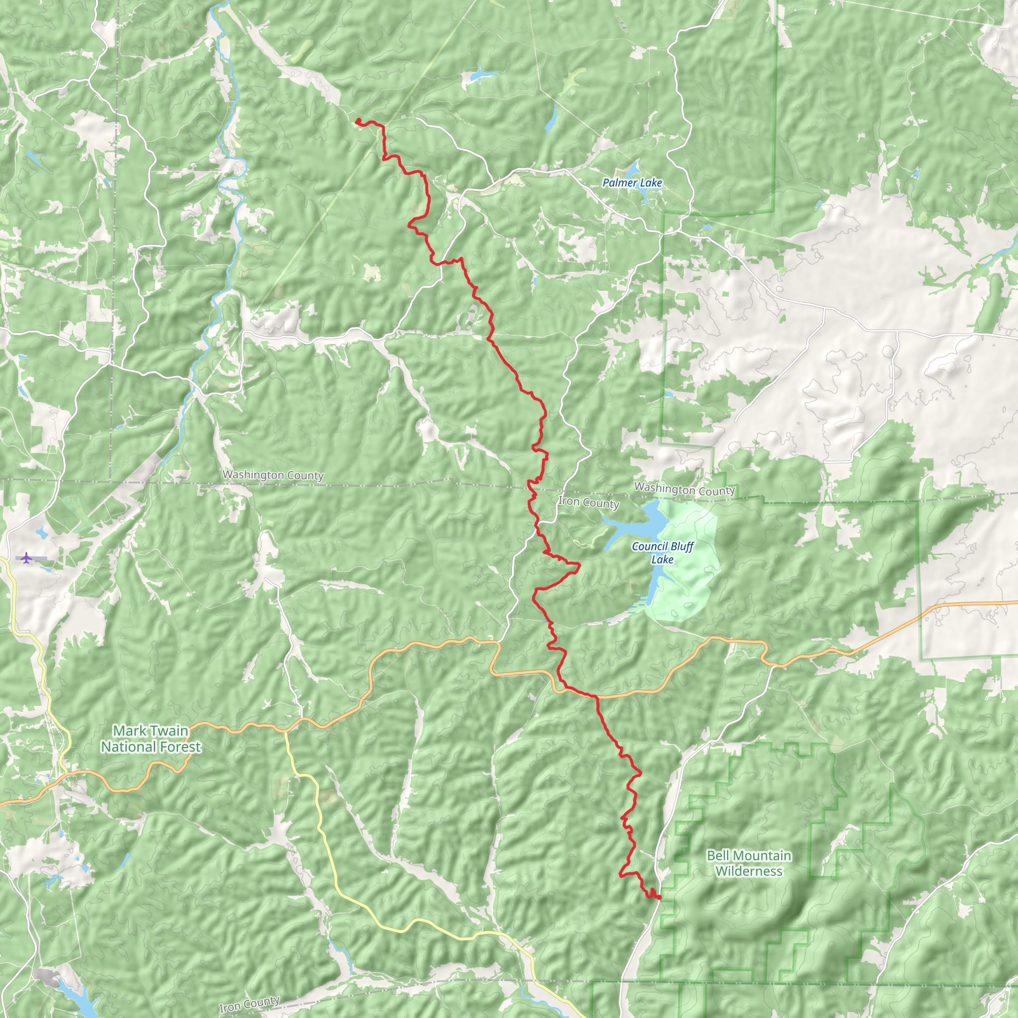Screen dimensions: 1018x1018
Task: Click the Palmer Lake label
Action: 632,183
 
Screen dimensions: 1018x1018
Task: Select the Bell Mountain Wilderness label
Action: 749,863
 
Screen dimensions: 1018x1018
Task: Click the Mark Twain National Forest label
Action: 151,738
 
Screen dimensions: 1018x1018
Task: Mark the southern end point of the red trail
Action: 659,897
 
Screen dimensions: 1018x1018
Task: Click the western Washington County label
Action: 273,475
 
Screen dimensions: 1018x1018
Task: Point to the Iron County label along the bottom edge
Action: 249,1004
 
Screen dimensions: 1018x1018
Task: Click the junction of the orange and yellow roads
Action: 285,731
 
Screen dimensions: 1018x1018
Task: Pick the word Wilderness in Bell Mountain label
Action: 749,871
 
